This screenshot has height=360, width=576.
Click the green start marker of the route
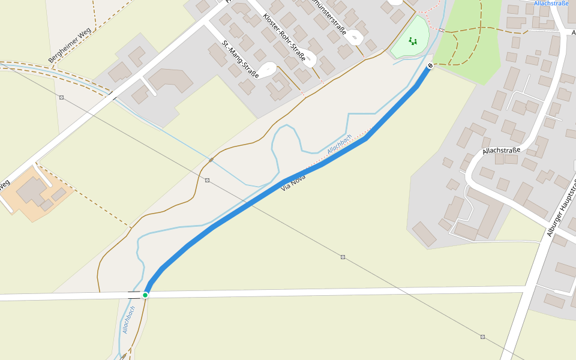tap(145, 295)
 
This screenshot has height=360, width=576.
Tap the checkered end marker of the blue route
tap(430, 65)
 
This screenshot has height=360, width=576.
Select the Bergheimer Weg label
tap(70, 45)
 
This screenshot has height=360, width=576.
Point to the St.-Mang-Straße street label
tap(240, 59)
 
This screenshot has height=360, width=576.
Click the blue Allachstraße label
tap(551, 4)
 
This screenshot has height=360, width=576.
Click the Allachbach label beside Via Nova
tap(340, 143)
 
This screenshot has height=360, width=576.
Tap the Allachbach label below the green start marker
tap(129, 319)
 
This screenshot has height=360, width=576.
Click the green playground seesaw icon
tap(412, 41)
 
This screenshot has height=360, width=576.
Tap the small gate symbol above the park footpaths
tap(442, 30)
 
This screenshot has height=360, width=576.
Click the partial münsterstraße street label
tap(331, 17)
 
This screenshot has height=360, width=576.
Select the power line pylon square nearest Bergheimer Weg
tap(61, 97)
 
